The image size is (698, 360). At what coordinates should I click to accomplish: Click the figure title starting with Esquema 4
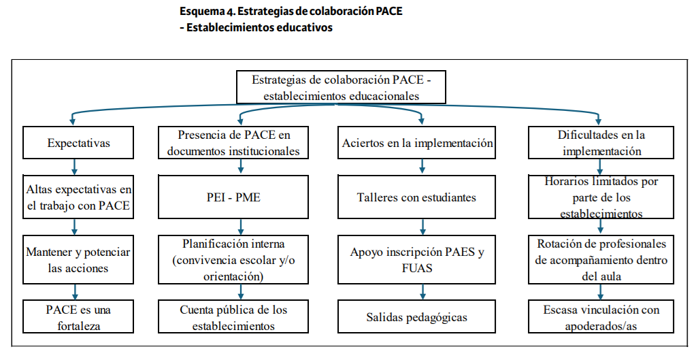click(x=291, y=18)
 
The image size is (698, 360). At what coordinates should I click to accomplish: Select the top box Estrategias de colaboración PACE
click(x=341, y=87)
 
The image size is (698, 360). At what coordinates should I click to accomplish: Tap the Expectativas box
click(x=78, y=143)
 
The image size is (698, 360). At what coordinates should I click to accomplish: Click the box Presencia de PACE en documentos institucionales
click(x=233, y=143)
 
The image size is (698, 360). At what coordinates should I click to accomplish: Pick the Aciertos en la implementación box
click(x=416, y=143)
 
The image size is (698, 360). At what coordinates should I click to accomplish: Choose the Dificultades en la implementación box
click(x=601, y=143)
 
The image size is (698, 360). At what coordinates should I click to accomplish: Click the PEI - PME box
click(x=233, y=197)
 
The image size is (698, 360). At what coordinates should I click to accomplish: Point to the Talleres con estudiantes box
click(x=416, y=197)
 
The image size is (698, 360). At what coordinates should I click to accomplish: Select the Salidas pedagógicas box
click(x=416, y=316)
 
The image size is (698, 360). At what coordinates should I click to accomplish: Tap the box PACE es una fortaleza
click(x=78, y=316)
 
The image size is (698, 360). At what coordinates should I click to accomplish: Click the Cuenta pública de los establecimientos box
click(x=233, y=316)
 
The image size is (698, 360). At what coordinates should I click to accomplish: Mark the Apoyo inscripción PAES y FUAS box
click(x=416, y=260)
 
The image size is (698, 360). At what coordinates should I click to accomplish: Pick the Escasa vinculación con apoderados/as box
click(x=601, y=316)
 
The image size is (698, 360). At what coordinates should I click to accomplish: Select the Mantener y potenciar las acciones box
click(x=78, y=260)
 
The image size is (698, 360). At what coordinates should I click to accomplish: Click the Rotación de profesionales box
click(x=601, y=260)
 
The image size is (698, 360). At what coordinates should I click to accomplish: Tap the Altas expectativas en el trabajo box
click(x=78, y=197)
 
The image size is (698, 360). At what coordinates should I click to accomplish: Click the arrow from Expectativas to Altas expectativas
click(x=74, y=167)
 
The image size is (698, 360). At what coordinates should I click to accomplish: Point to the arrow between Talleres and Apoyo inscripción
click(x=422, y=227)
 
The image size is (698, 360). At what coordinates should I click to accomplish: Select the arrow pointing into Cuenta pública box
click(x=241, y=292)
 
